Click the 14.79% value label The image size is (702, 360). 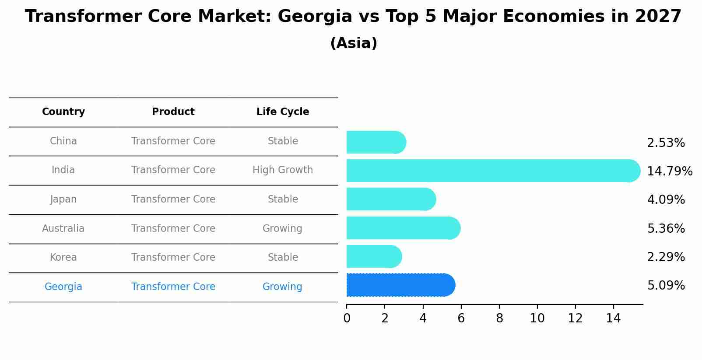point(669,171)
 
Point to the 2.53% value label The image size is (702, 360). point(666,143)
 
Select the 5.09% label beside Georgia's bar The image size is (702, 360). point(666,285)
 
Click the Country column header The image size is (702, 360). point(63,112)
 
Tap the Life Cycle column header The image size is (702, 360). point(283,112)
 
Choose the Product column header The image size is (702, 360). point(173,112)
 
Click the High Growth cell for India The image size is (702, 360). point(283,170)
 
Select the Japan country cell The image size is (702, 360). point(63,199)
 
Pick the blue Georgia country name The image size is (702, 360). point(63,287)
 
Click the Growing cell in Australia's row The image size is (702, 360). point(282,228)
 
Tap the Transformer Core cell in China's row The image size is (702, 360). point(173,141)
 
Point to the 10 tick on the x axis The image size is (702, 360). point(537,318)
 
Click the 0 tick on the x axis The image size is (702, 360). point(347,318)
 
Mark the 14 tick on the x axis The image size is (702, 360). point(613,318)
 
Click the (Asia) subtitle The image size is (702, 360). point(354,43)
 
